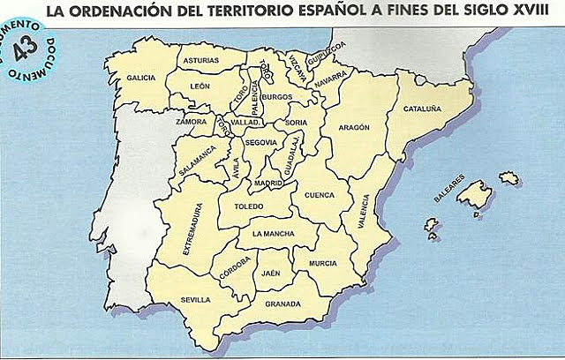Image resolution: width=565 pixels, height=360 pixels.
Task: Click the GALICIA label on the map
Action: click(x=141, y=79)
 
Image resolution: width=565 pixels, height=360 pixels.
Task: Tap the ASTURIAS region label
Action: click(x=200, y=61)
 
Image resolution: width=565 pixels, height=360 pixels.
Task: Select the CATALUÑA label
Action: click(x=422, y=109)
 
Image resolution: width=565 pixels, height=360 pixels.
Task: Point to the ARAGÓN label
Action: click(x=352, y=127)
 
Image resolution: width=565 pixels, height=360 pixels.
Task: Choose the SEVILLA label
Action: click(x=196, y=299)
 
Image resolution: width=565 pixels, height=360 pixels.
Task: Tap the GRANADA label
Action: click(x=282, y=304)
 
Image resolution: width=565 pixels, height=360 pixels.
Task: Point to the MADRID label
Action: click(x=268, y=184)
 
